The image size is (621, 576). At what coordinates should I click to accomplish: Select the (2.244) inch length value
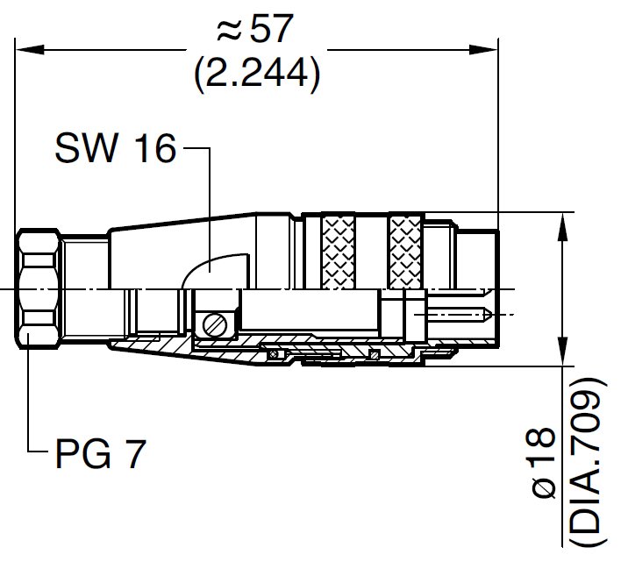pyautogui.click(x=255, y=75)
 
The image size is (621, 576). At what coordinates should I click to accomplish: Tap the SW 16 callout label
pyautogui.click(x=114, y=150)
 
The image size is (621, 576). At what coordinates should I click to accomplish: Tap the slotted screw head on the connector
pyautogui.click(x=213, y=325)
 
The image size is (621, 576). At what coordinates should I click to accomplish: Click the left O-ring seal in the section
pyautogui.click(x=273, y=355)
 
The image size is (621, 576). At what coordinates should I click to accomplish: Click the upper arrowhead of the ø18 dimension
pyautogui.click(x=562, y=219)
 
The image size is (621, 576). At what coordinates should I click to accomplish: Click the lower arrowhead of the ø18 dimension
pyautogui.click(x=562, y=359)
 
